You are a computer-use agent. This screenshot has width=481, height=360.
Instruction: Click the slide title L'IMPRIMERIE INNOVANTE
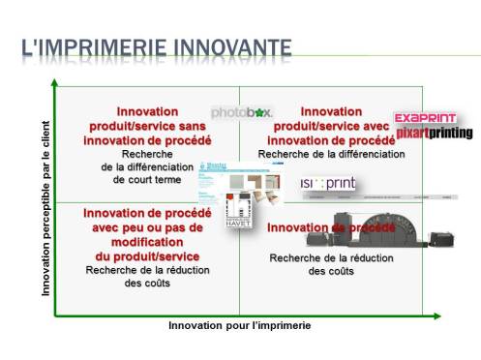155,46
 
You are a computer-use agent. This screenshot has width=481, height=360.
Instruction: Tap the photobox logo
241,112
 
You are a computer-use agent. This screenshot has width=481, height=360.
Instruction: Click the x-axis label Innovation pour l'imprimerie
239,325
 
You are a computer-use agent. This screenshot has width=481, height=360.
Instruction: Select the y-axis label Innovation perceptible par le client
46,207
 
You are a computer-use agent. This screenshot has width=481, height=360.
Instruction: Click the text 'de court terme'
147,179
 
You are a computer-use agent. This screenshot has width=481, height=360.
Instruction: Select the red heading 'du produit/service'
147,255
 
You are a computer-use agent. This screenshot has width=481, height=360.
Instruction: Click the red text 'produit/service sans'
147,126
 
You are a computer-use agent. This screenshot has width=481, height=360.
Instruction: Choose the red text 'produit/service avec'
331,126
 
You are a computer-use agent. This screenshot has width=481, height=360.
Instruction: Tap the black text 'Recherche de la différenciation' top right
331,154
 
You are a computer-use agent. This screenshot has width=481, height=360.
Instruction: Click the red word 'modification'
147,242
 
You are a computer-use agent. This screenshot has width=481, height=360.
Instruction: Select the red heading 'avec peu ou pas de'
147,228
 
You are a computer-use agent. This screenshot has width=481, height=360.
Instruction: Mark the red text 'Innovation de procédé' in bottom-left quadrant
147,214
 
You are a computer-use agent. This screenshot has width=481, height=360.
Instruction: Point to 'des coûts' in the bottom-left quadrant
147,284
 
